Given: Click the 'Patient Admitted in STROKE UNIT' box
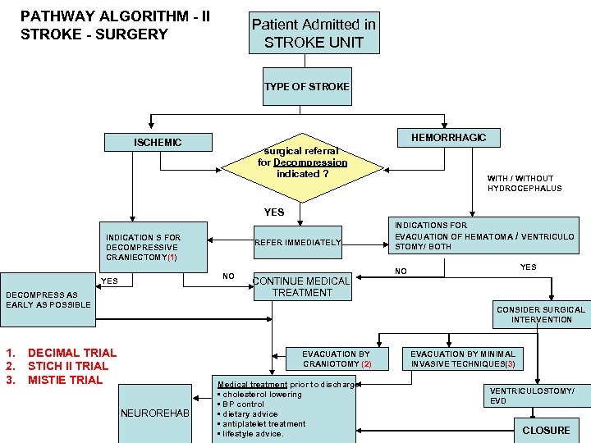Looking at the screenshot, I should [x=314, y=34].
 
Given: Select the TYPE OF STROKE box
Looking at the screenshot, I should [x=306, y=87].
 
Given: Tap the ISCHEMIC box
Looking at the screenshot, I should [x=158, y=143].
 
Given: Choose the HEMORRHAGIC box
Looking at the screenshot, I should [x=447, y=138].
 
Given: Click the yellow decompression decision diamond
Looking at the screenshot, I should [x=303, y=162].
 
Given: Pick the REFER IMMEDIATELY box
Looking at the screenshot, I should [x=296, y=242].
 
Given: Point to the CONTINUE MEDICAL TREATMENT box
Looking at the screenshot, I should [x=302, y=287].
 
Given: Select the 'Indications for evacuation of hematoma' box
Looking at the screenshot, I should [x=484, y=235].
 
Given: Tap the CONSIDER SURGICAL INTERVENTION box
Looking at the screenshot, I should [x=541, y=314].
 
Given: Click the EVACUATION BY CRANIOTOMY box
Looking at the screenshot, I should [x=337, y=359].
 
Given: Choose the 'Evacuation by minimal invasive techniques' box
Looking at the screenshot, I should [x=463, y=359].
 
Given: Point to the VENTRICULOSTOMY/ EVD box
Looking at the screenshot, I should [x=532, y=395].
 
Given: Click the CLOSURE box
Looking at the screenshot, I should [x=546, y=431].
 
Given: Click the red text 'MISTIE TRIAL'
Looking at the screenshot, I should [x=66, y=380].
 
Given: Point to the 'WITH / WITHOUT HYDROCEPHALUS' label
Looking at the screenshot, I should [x=525, y=183].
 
